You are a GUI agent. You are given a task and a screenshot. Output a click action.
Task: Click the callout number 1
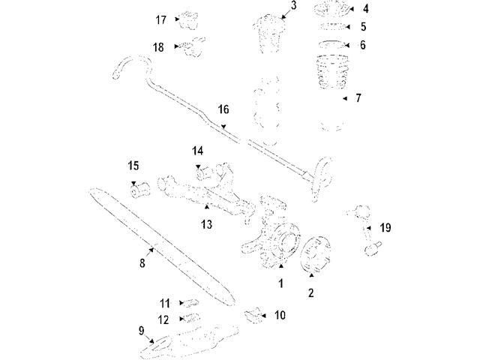point(280,283)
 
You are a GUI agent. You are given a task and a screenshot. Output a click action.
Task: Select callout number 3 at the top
point(293,6)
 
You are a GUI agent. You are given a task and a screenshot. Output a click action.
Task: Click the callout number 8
point(141,263)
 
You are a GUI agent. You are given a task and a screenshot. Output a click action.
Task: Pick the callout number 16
point(223,109)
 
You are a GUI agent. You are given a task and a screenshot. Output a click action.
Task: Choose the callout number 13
point(206,223)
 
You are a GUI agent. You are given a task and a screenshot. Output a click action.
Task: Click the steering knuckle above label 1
point(270,229)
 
